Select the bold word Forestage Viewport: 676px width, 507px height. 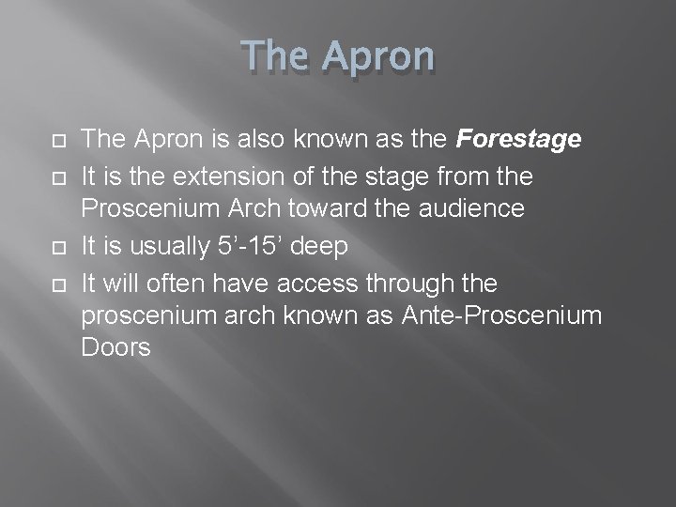[518, 140]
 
